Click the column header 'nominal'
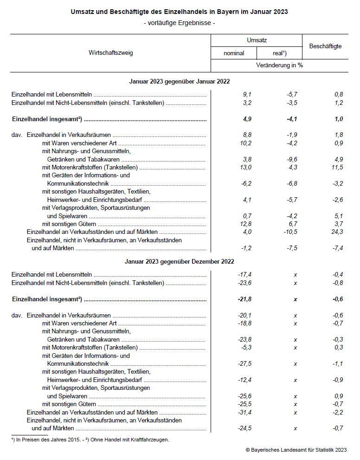234,53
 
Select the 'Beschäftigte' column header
325,46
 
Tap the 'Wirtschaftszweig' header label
111,52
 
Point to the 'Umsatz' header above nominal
257,40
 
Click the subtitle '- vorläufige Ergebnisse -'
180,23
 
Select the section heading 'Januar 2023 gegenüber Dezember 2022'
179,262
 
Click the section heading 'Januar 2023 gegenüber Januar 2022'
179,81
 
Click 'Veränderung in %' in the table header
279,65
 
